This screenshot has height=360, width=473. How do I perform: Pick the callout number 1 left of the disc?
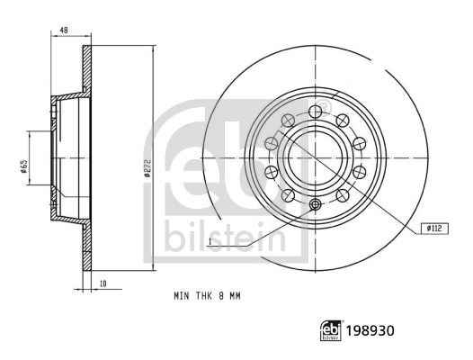tap(208, 242)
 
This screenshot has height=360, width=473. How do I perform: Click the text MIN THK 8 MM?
tap(206, 295)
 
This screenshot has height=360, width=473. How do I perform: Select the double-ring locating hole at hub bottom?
tap(315, 206)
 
